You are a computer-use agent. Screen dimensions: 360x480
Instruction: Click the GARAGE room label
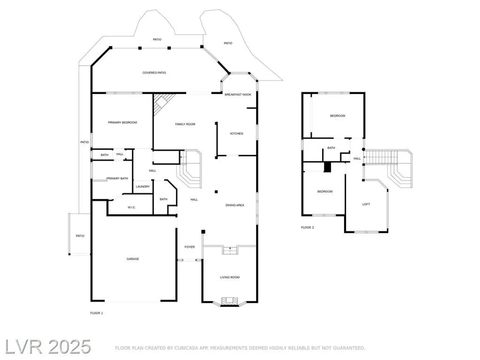(132, 259)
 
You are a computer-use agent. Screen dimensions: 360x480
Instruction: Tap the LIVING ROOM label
(229, 277)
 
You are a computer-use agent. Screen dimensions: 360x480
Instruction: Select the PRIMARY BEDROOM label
(122, 122)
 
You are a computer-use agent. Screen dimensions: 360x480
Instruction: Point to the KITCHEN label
(237, 134)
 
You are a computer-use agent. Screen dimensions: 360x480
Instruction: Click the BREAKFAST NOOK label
(238, 94)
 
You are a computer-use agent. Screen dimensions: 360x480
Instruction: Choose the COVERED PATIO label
(154, 72)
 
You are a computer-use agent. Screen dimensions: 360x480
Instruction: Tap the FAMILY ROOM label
(185, 124)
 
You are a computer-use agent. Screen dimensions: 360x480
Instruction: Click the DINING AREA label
(235, 205)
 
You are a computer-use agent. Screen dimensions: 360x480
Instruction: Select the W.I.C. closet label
(131, 207)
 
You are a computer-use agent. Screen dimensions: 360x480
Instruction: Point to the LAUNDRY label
(143, 186)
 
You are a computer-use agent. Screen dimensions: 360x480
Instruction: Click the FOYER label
(189, 247)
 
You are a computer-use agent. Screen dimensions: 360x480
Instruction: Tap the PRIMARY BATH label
(117, 179)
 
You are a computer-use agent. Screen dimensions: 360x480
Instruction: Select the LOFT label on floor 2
(366, 204)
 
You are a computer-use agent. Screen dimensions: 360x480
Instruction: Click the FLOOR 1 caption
(97, 313)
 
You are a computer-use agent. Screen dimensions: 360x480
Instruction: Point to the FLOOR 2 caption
(308, 228)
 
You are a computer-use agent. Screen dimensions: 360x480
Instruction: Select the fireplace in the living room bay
(229, 301)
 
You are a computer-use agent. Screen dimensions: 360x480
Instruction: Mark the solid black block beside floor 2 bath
(327, 166)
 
